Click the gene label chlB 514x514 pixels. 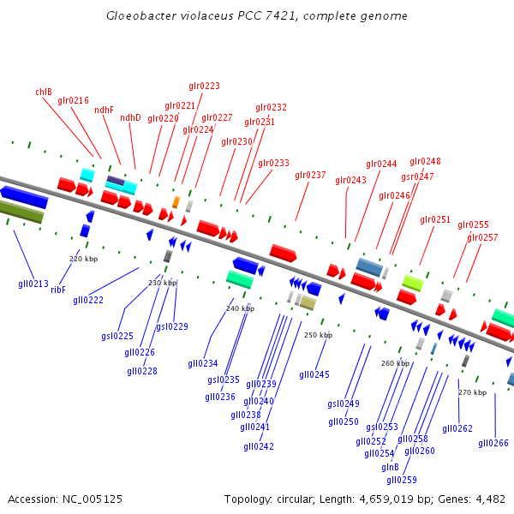pos(44,92)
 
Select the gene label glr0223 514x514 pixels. pos(204,86)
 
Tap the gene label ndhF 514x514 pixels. pos(104,110)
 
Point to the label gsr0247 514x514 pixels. pos(417,176)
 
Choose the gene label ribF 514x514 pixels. pos(58,290)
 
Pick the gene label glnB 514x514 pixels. pos(390,467)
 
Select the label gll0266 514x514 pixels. pos(493,443)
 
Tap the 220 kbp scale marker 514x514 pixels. pos(84,258)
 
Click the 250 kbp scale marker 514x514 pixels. pos(318,335)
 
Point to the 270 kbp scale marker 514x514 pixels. pos(472,392)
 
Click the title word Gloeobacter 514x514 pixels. pos(140,16)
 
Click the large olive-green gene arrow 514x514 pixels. pos(21,212)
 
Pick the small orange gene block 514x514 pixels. pos(176,202)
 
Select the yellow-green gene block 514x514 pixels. pos(413,282)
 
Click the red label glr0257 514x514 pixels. pos(482,237)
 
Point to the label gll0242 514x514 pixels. pos(259,446)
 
